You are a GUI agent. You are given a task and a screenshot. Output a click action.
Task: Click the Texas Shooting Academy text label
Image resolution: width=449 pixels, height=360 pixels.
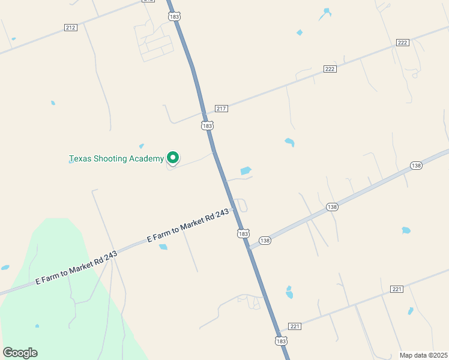click(x=116, y=159)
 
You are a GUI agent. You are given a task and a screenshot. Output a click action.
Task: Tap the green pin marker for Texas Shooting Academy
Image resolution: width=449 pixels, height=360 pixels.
click(x=173, y=157)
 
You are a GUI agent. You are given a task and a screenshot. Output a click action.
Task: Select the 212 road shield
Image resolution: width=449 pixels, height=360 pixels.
click(x=71, y=28)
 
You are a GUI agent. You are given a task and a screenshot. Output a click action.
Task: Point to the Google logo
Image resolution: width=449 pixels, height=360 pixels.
click(x=20, y=353)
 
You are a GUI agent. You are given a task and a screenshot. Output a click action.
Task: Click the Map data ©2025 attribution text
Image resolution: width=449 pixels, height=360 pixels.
click(x=423, y=355)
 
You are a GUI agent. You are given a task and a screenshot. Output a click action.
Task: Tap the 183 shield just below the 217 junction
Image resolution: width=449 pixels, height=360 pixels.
click(x=207, y=125)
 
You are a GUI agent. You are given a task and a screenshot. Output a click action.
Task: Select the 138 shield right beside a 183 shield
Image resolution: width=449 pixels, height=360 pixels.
click(x=265, y=240)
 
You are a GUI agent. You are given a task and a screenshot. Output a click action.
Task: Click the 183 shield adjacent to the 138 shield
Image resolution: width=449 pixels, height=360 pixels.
click(x=243, y=234)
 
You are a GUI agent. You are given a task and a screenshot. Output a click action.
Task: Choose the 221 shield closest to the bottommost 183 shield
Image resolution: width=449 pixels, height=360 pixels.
click(x=294, y=326)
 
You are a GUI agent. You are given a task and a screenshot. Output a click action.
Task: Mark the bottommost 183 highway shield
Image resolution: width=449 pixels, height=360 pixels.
click(x=281, y=340)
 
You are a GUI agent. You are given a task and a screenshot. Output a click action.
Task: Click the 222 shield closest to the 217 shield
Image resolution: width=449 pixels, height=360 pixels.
click(x=330, y=69)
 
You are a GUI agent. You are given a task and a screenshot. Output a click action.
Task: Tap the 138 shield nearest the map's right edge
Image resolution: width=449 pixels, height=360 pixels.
click(x=416, y=165)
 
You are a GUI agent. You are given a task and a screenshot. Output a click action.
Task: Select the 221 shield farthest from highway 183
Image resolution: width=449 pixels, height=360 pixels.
click(x=396, y=289)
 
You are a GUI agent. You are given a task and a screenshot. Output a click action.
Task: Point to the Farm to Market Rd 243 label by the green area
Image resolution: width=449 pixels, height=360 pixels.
click(x=76, y=268)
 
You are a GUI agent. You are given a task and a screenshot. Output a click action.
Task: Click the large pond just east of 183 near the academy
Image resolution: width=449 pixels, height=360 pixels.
click(x=246, y=171)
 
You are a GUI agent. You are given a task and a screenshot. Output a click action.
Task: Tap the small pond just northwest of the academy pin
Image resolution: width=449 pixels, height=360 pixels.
click(x=142, y=146)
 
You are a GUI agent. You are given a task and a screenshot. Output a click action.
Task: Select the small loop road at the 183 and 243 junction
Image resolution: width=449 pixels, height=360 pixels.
click(x=241, y=205)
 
